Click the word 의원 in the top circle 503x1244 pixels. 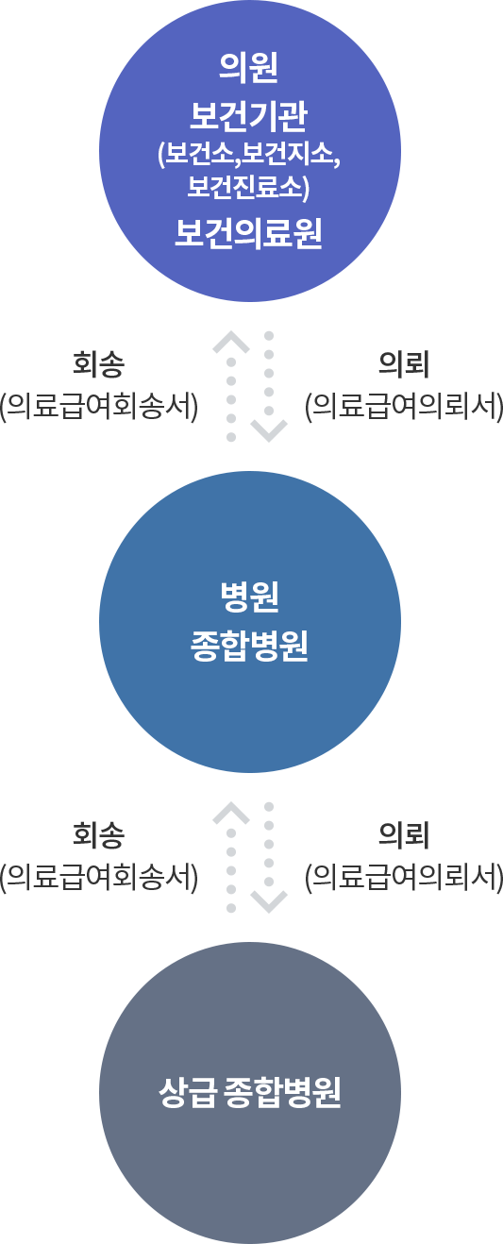(x=249, y=68)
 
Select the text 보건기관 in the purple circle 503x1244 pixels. (x=249, y=117)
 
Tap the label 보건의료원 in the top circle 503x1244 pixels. (x=249, y=233)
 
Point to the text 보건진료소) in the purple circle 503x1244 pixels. (x=248, y=186)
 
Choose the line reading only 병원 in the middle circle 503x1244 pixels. (x=249, y=597)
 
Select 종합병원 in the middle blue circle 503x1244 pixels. (x=249, y=647)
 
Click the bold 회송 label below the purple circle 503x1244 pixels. (x=99, y=365)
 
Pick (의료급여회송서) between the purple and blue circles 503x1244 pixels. (x=99, y=407)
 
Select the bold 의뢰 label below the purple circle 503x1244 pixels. (x=404, y=365)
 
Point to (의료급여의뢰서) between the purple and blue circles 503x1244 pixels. (x=404, y=407)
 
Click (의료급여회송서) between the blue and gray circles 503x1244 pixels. (x=99, y=878)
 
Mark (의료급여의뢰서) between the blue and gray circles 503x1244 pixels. (x=404, y=878)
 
